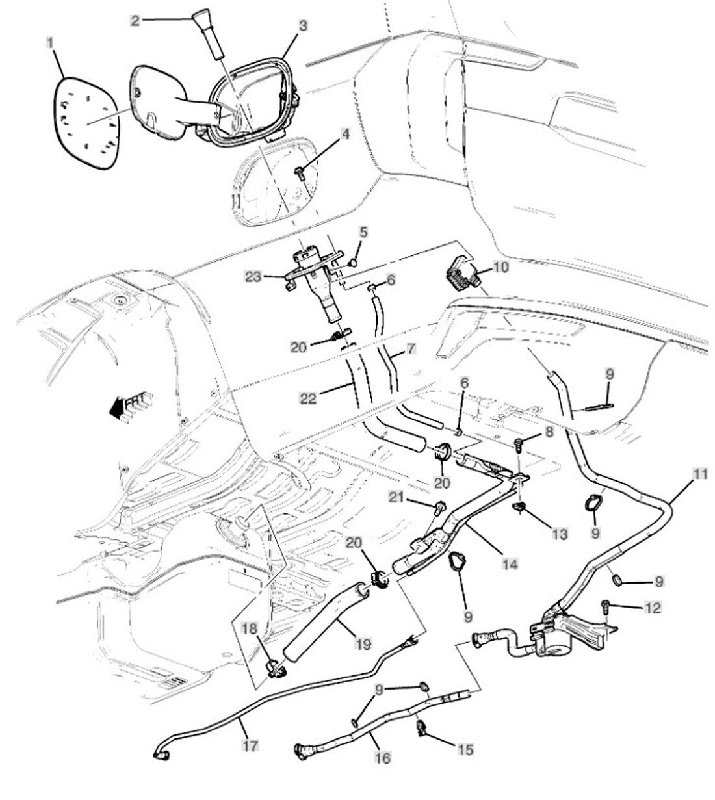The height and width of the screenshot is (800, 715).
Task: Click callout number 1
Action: coord(49,42)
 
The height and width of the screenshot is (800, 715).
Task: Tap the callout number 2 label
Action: coord(135,20)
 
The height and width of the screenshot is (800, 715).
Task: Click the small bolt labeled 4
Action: coord(301,173)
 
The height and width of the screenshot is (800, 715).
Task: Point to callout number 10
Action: coord(500,267)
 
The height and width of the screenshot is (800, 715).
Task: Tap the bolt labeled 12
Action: coord(606,605)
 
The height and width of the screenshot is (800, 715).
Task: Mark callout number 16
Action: coord(383,758)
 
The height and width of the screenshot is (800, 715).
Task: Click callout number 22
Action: coord(308,398)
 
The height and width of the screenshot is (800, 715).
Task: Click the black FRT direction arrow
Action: coord(119,407)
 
